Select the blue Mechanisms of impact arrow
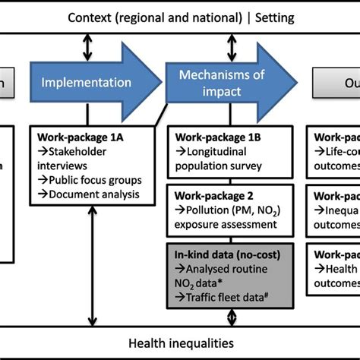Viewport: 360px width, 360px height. click(x=220, y=81)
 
